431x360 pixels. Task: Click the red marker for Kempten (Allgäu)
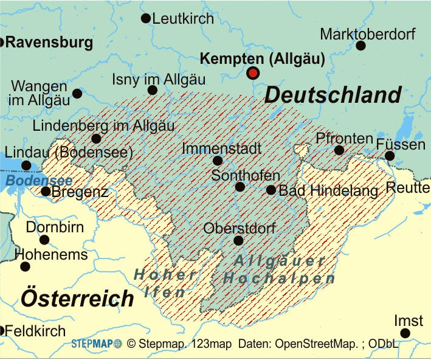[x=253, y=73]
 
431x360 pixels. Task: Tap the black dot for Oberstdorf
[x=238, y=241]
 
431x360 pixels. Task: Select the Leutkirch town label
[x=183, y=19]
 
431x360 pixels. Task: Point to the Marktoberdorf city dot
[x=360, y=46]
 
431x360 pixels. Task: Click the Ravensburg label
[x=49, y=43]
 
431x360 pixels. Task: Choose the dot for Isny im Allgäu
[x=153, y=91]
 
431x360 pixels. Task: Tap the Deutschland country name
[x=333, y=95]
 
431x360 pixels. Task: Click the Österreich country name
[x=77, y=298]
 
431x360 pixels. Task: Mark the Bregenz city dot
[x=46, y=192]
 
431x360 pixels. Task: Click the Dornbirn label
[x=55, y=227]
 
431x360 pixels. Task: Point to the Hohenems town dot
[x=25, y=266]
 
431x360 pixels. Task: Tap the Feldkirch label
[x=35, y=331]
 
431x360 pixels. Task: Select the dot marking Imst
[x=405, y=333]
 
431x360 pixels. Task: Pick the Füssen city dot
[x=390, y=156]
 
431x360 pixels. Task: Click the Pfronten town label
[x=344, y=139]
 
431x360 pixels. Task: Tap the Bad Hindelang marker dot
[x=271, y=190]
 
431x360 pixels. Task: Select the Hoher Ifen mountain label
[x=165, y=283]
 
